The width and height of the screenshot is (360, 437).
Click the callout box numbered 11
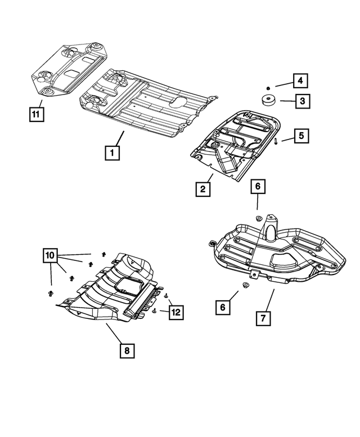tap(35, 114)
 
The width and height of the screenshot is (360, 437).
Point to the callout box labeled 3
tap(301, 102)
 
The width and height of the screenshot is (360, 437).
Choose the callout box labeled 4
tap(301, 81)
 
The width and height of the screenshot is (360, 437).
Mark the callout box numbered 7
tap(262, 318)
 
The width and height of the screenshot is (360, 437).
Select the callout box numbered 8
tap(127, 350)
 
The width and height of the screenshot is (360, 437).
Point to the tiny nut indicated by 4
tap(268, 88)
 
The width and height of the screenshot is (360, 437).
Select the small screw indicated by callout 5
tap(277, 142)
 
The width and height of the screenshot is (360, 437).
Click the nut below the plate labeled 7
tap(246, 287)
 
